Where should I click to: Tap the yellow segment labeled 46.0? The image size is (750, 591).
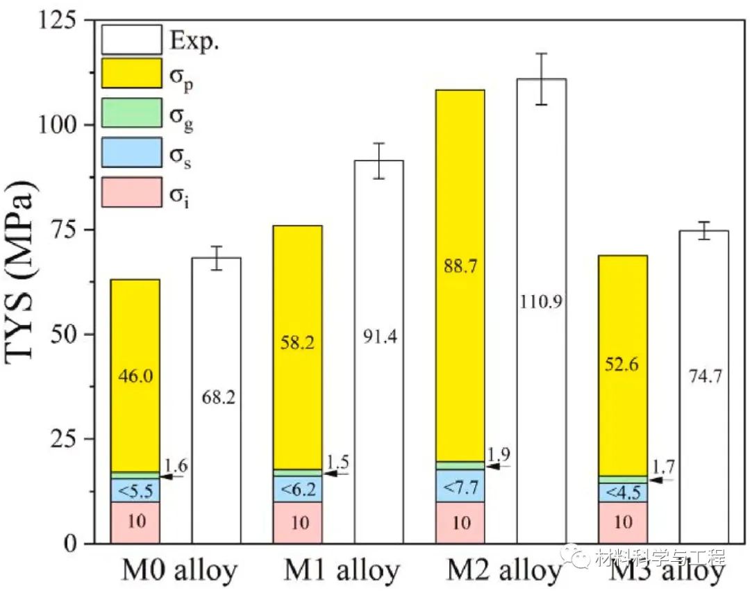[135, 375]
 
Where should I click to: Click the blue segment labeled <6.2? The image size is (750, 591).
[297, 489]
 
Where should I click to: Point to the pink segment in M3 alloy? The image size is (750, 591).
[622, 522]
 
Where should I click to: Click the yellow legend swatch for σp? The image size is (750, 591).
[131, 74]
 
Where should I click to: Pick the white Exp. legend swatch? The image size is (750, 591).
[131, 40]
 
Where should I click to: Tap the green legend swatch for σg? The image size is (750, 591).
[131, 113]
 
